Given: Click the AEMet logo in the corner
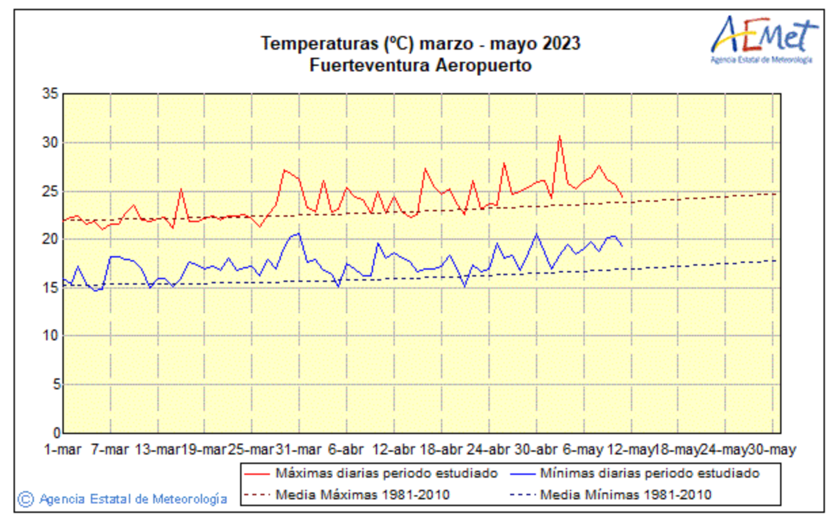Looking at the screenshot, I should (x=761, y=39).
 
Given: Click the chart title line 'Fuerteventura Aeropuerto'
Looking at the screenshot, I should (x=420, y=66).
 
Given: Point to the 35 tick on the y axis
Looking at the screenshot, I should (x=52, y=94).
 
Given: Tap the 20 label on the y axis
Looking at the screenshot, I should (x=52, y=239).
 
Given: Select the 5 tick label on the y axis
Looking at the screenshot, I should (x=55, y=384).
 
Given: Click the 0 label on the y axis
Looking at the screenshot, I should (x=55, y=433).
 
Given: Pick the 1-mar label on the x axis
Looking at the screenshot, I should (x=63, y=450).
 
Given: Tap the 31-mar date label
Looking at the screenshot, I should (x=299, y=450).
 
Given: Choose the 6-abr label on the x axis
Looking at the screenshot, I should (x=347, y=450).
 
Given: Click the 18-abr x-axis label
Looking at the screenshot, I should (x=441, y=450).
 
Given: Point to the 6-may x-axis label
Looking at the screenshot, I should (x=583, y=450).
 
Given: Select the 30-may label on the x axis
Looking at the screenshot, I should (x=771, y=450).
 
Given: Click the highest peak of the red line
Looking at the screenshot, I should (x=560, y=136).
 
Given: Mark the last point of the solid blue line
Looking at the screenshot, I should (x=622, y=246).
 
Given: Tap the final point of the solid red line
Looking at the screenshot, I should (x=622, y=197).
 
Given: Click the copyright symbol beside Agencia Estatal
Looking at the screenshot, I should (x=25, y=499).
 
